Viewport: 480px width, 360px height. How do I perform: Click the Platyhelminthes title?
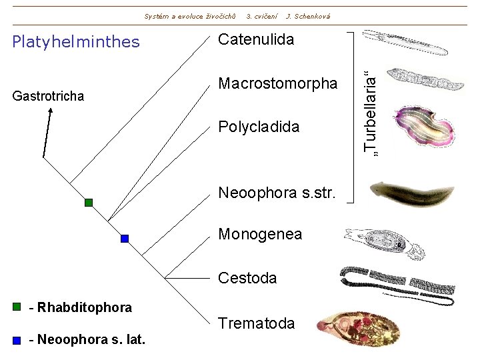[x=77, y=42]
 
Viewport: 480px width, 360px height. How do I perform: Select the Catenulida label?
[x=256, y=39]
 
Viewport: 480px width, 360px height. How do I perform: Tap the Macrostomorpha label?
[x=278, y=84]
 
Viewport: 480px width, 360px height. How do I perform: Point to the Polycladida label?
[x=259, y=127]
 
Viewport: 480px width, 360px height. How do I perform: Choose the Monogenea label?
[x=260, y=234]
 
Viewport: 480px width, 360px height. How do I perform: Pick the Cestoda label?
[x=247, y=278]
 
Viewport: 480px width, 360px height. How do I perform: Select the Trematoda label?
[x=256, y=323]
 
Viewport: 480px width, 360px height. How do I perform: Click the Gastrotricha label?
[x=49, y=97]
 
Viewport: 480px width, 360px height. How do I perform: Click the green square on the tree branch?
[x=89, y=203]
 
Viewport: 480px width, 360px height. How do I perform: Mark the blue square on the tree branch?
[x=124, y=238]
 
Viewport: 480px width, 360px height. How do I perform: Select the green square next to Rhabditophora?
[x=17, y=307]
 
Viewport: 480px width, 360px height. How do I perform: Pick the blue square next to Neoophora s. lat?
[x=17, y=339]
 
